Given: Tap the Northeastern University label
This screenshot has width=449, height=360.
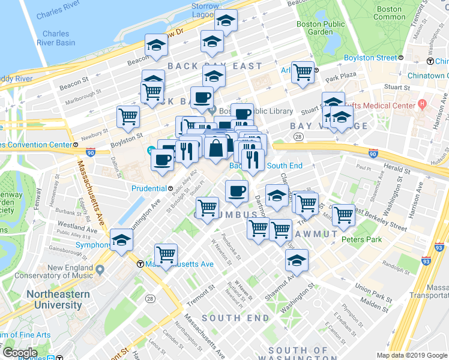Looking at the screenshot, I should coord(58,299).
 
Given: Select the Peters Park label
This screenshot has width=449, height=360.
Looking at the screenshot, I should coord(361,239).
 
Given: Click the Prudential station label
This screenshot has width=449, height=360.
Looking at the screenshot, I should coord(148,188).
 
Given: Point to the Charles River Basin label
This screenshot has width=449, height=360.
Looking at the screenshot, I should coord(58,38).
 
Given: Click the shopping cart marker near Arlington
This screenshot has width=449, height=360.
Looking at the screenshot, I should coord(303,73).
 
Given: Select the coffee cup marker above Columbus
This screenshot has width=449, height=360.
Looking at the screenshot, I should coord(237,191).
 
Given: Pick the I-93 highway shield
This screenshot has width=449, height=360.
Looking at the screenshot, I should coord(426,261).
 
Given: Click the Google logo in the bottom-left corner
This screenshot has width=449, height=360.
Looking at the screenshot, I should coord(20,352).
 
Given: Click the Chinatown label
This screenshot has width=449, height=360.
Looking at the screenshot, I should coord(427,76).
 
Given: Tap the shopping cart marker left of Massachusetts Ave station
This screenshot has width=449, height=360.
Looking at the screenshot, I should coord(166,254).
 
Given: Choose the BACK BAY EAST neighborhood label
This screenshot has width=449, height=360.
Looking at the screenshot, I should coord(214,66).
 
